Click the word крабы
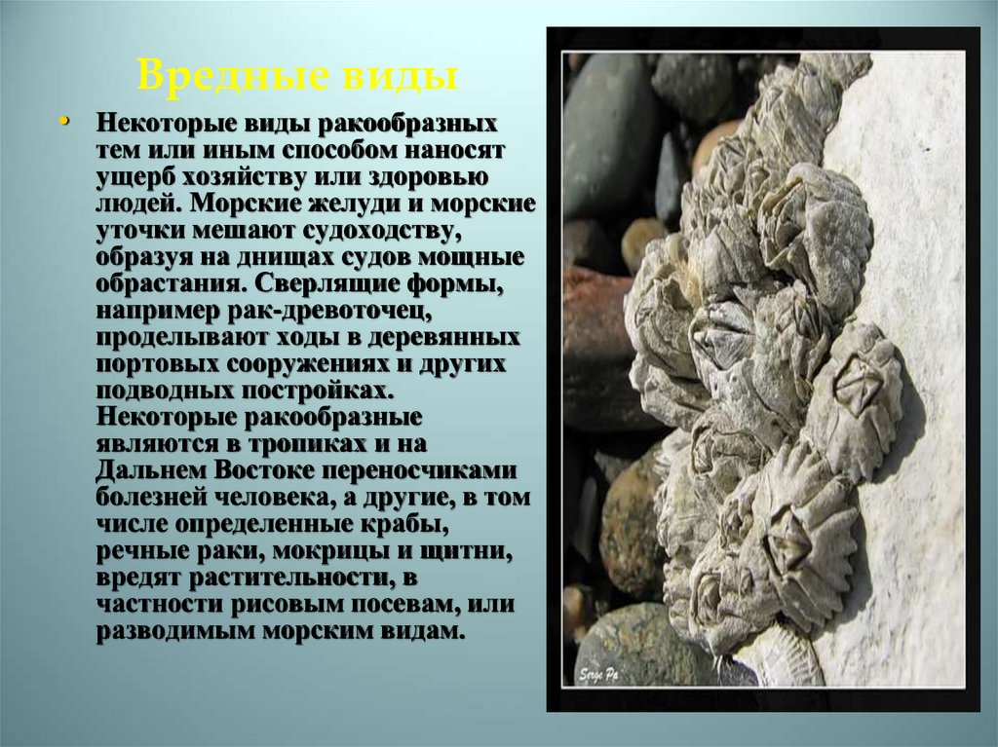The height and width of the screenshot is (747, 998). (408, 524)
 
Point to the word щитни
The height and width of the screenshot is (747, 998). (462, 551)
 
